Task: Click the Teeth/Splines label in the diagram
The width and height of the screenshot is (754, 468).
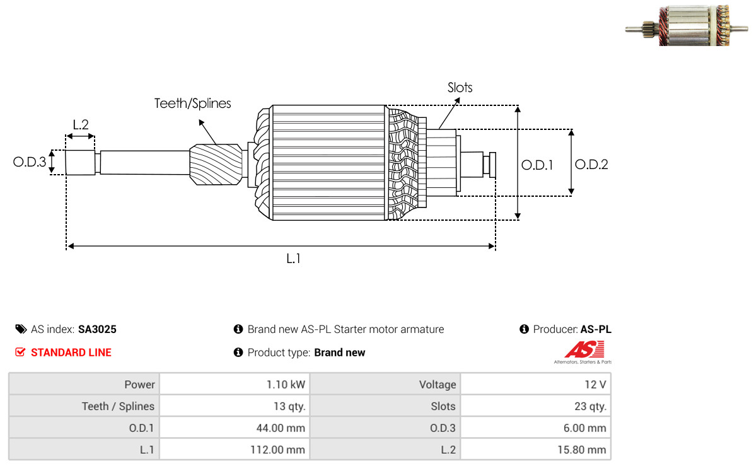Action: point(192,103)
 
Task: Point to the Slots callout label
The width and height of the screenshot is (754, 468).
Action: point(460,88)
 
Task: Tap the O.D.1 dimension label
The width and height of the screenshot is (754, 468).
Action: point(537,165)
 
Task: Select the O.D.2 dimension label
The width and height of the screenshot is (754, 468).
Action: point(591,165)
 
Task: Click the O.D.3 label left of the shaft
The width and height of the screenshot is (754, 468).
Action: point(30,161)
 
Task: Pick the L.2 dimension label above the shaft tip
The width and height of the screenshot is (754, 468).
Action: point(81,125)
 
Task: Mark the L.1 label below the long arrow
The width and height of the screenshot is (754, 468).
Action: point(293,259)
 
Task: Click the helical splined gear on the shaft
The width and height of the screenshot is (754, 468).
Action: point(216,165)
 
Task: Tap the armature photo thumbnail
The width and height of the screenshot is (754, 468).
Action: point(687,25)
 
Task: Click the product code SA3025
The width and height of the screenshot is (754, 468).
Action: point(97,329)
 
